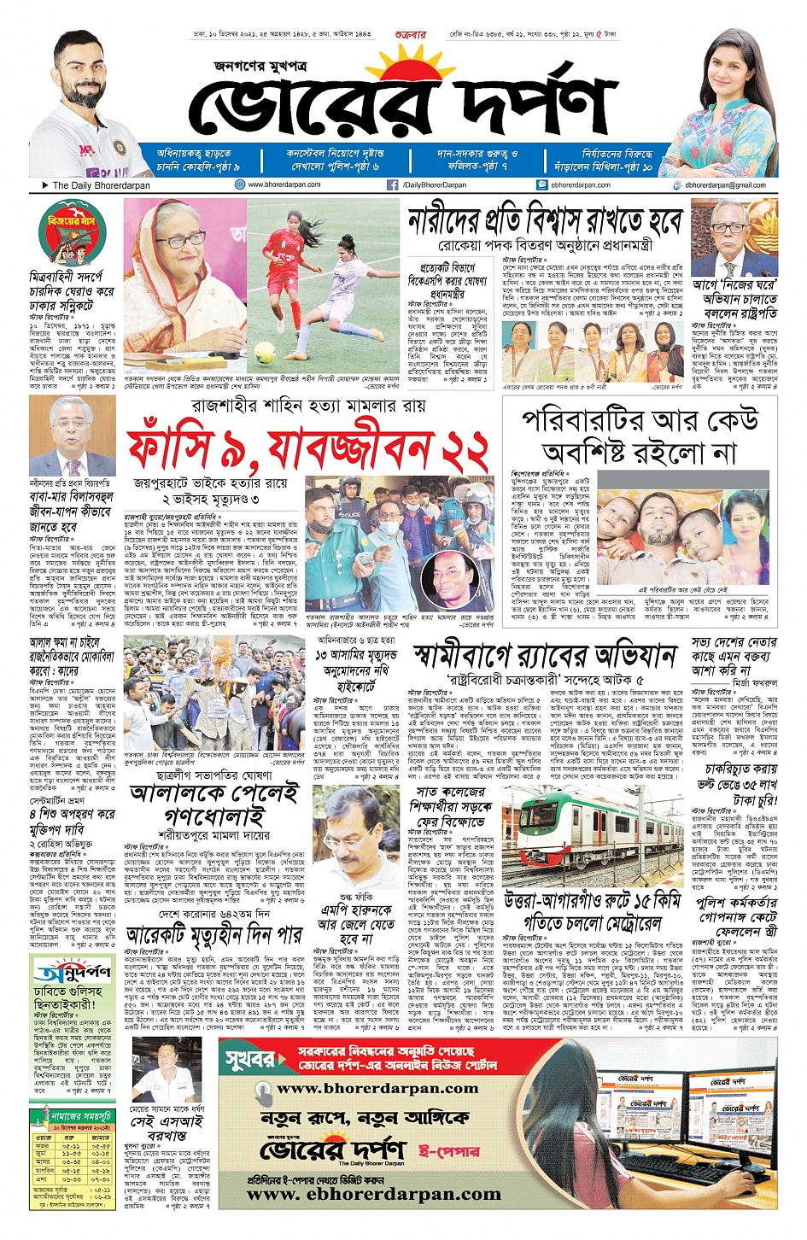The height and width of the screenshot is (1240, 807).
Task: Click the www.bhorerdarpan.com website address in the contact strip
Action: click(x=284, y=184)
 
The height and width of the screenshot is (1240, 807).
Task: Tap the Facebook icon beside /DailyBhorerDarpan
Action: click(x=393, y=184)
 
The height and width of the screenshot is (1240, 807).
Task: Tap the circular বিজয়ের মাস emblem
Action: click(x=72, y=233)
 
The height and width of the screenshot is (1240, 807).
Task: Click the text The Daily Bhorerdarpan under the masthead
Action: click(x=101, y=185)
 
